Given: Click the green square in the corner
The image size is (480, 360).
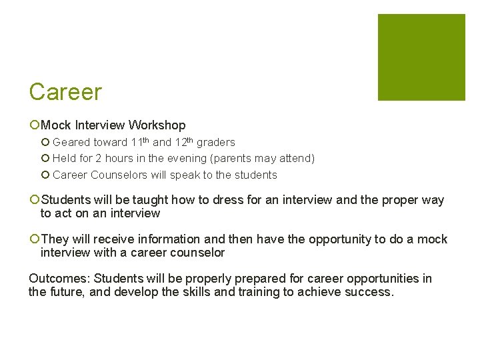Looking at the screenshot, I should click(x=421, y=57).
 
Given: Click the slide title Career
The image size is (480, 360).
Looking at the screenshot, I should click(x=65, y=92).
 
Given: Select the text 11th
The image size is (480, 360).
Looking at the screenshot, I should click(x=141, y=142).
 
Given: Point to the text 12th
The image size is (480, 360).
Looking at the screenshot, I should click(x=183, y=142).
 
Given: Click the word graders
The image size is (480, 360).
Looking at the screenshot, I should click(x=215, y=143).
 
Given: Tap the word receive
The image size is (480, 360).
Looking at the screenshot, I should click(x=115, y=239).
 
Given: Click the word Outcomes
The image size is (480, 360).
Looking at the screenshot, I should click(x=55, y=279).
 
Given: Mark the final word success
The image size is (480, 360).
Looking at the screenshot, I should click(x=371, y=292).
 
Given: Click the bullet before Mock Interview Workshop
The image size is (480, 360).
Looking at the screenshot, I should click(x=35, y=125).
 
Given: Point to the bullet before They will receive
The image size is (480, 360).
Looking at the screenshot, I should click(x=35, y=239).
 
